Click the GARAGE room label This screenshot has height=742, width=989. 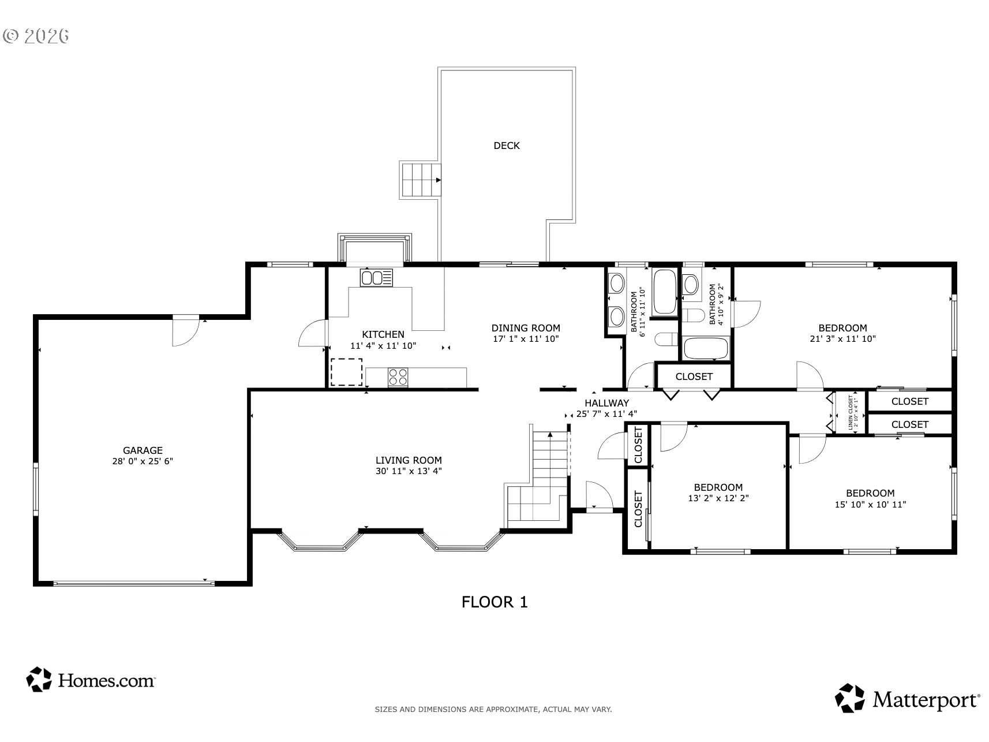[143, 450]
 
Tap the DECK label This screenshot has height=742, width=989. [507, 146]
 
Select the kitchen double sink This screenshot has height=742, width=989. [376, 278]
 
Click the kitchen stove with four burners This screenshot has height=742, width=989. [398, 377]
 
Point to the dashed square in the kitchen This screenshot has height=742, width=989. [346, 372]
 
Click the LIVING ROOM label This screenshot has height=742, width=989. [409, 460]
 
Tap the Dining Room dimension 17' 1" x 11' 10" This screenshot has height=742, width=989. [526, 339]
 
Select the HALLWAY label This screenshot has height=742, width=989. [606, 403]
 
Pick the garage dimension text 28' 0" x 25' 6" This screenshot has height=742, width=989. [143, 461]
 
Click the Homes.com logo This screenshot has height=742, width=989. [91, 680]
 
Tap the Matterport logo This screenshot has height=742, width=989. [908, 698]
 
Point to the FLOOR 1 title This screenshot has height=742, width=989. [494, 602]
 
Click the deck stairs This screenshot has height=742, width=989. [421, 179]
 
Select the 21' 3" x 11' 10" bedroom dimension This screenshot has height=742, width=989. [842, 339]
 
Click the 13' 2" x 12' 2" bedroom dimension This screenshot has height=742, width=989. [718, 498]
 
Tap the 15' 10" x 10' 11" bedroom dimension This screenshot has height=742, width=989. [870, 504]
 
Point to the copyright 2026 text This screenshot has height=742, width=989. [36, 36]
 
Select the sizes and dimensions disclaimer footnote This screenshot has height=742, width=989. [493, 709]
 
